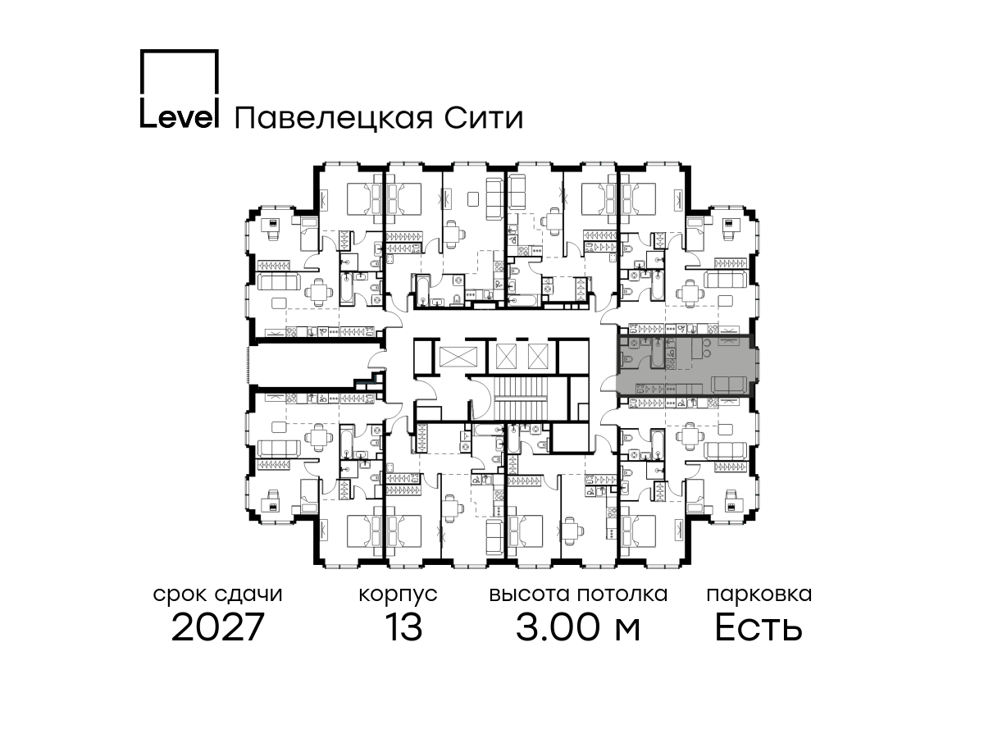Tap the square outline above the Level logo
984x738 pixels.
(180, 50)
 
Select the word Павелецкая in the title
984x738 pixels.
(334, 119)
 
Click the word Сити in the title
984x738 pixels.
(483, 118)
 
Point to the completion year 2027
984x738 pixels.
(217, 627)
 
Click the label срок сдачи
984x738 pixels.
(217, 594)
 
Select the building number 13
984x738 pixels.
(403, 627)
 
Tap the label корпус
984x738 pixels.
(398, 595)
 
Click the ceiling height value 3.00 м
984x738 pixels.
(578, 627)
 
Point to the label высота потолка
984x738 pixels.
(578, 594)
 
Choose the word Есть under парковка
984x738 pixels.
(758, 627)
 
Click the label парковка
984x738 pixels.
(759, 595)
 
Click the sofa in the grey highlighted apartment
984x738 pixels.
(729, 385)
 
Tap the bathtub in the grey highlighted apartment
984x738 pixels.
(657, 354)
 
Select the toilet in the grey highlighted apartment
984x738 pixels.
(627, 358)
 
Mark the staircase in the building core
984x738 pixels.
(521, 398)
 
